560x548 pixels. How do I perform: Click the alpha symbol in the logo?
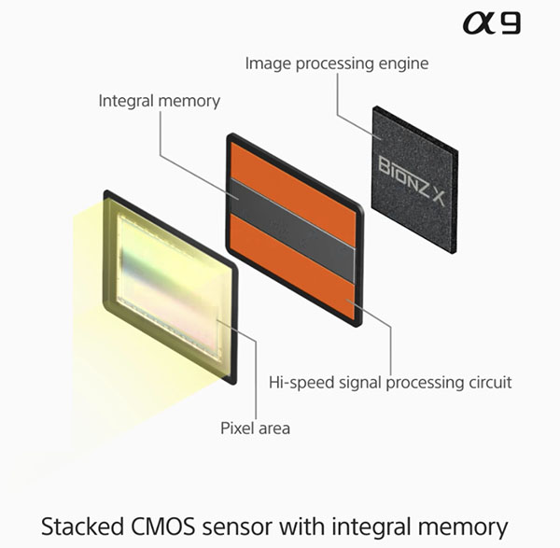pyautogui.click(x=480, y=22)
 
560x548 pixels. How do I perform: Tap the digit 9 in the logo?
pyautogui.click(x=511, y=22)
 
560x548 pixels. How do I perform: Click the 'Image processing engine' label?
pyautogui.click(x=337, y=63)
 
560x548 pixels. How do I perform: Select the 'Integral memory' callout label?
pyautogui.click(x=160, y=101)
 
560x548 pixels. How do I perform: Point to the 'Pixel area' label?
pyautogui.click(x=255, y=428)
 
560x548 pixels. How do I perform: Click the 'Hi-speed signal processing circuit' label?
pyautogui.click(x=390, y=383)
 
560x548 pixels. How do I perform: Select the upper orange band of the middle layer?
pyautogui.click(x=294, y=194)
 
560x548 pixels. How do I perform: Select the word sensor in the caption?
pyautogui.click(x=237, y=528)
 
